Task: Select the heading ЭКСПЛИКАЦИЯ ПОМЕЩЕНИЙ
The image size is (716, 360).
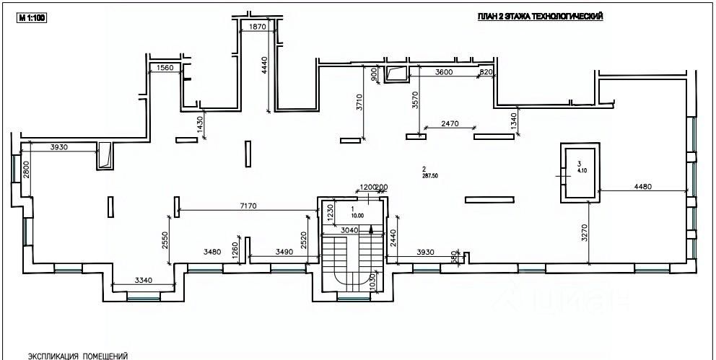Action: [77, 356]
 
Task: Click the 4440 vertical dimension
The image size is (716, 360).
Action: [264, 71]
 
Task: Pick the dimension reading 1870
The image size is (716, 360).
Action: [258, 27]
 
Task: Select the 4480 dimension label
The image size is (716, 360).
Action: [642, 188]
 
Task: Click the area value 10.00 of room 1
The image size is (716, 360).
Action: [357, 215]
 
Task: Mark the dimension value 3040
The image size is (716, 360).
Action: [349, 230]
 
